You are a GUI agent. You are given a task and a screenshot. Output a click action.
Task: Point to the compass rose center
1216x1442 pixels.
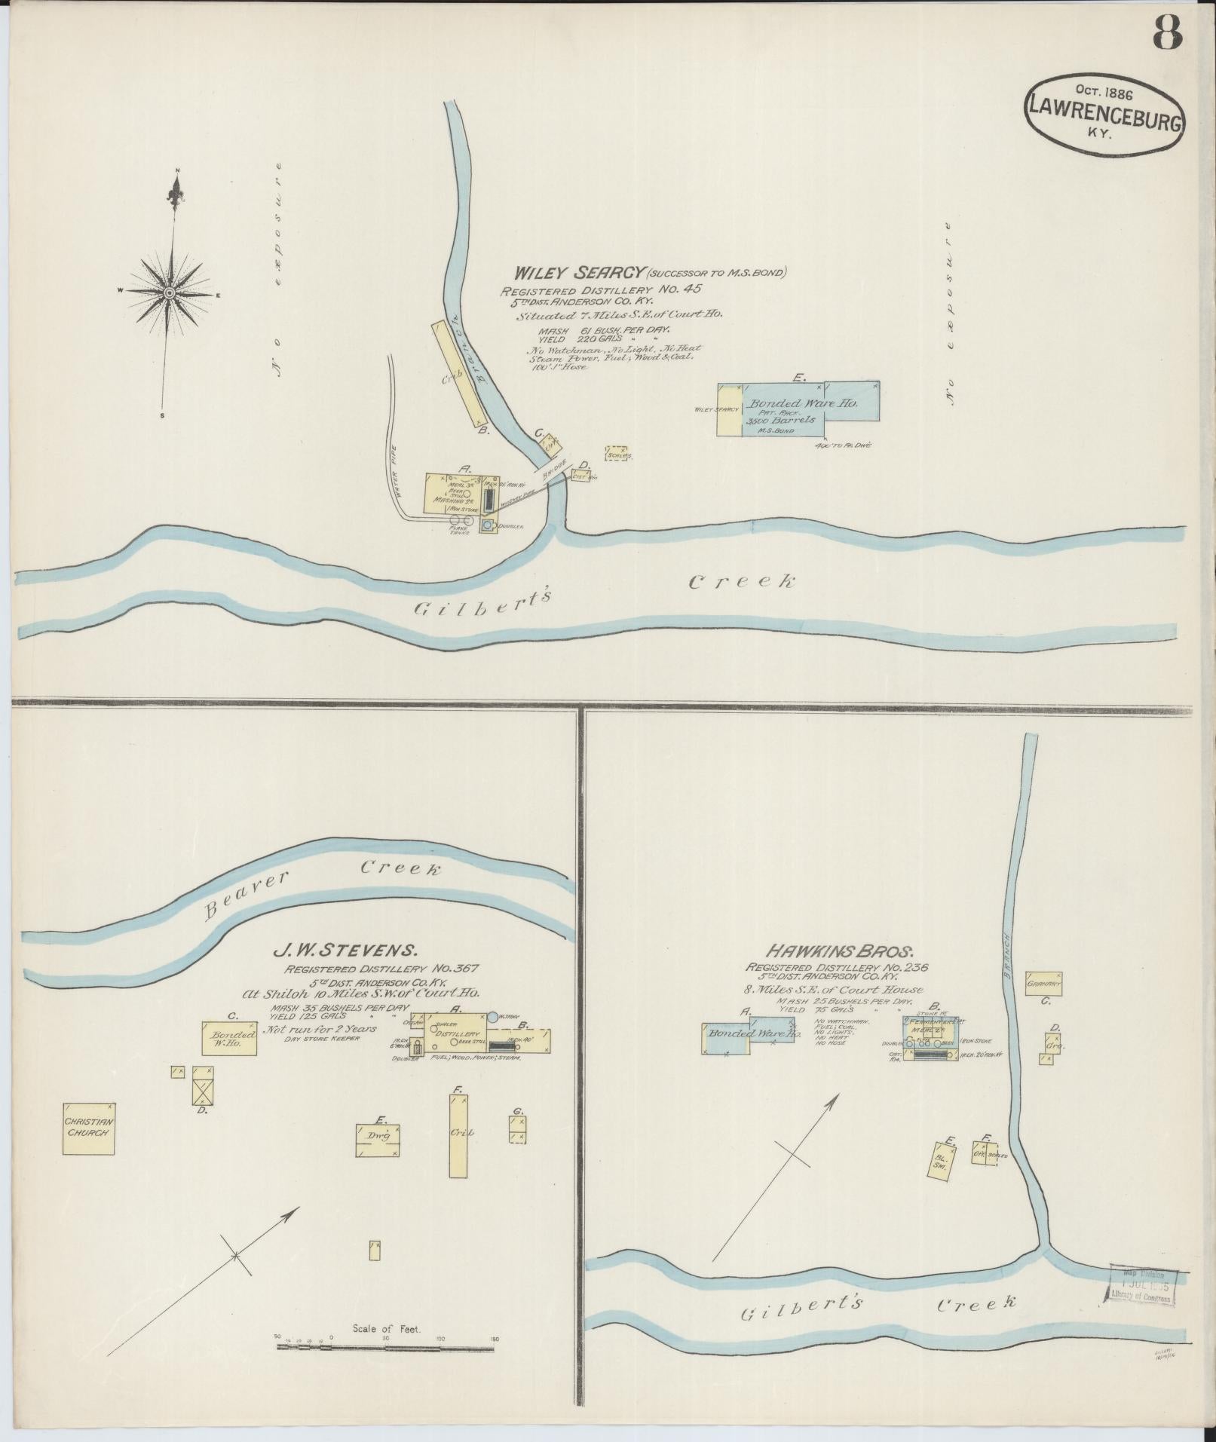pos(170,292)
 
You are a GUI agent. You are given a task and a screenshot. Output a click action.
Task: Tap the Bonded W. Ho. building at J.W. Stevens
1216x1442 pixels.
pos(229,1038)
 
